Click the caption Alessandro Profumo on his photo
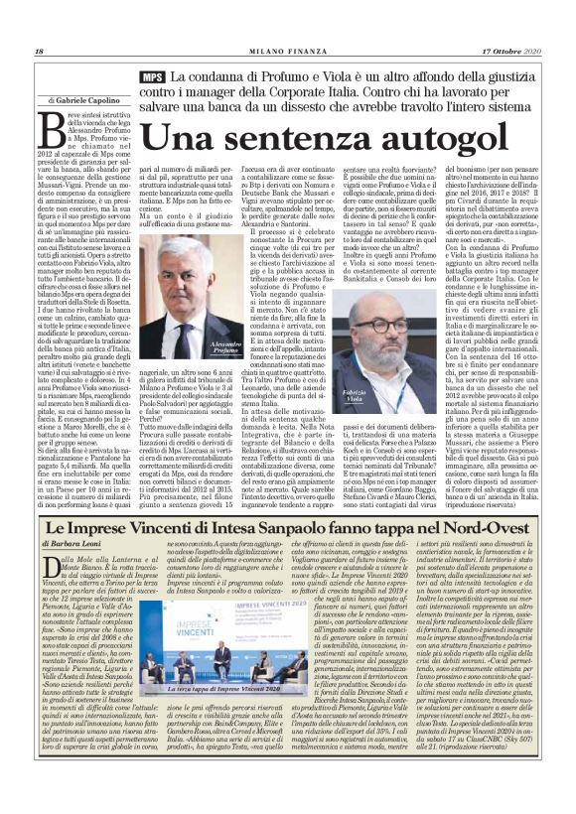(x=219, y=342)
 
